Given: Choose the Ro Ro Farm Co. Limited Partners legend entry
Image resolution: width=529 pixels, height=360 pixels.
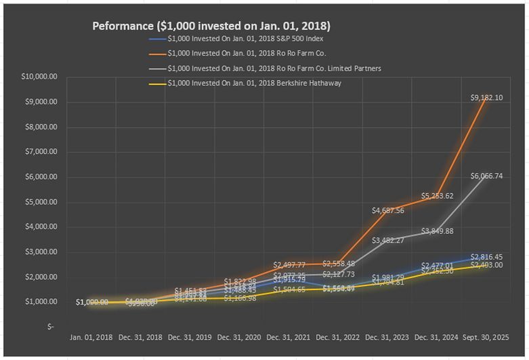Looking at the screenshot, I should [x=270, y=68].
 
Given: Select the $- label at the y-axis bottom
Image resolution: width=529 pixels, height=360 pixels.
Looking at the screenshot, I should [x=50, y=327].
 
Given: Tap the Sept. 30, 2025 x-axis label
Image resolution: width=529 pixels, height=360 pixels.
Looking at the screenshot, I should [x=486, y=337].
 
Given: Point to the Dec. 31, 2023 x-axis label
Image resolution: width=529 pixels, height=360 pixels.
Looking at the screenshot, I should [x=387, y=337].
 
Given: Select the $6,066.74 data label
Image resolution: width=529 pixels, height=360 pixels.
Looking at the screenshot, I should [x=486, y=176].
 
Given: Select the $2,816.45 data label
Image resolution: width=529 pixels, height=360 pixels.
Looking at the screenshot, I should [x=486, y=257].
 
